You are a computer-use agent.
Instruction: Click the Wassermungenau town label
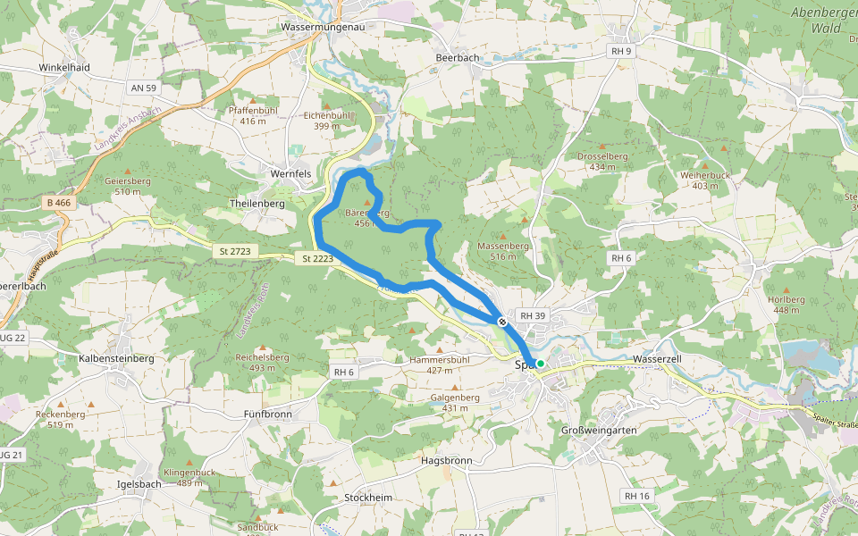pyautogui.click(x=324, y=28)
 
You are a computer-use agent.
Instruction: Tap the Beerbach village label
pyautogui.click(x=457, y=58)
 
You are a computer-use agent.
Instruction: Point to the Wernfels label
pyautogui.click(x=290, y=173)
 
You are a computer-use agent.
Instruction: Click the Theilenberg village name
pyautogui.click(x=257, y=204)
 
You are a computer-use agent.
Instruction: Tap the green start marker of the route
pyautogui.click(x=541, y=364)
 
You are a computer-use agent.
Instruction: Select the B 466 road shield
pyautogui.click(x=58, y=204)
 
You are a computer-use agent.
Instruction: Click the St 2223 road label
pyautogui.click(x=317, y=259)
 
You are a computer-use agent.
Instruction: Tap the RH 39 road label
pyautogui.click(x=533, y=316)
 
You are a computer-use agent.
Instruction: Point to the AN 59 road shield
pyautogui.click(x=143, y=88)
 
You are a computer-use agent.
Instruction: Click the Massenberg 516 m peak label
pyautogui.click(x=504, y=251)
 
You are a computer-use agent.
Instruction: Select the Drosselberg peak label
pyautogui.click(x=602, y=161)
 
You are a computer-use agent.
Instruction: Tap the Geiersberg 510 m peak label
pyautogui.click(x=127, y=186)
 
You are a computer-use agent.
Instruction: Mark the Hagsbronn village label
pyautogui.click(x=446, y=461)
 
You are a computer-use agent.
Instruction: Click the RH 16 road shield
pyautogui.click(x=637, y=496)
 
